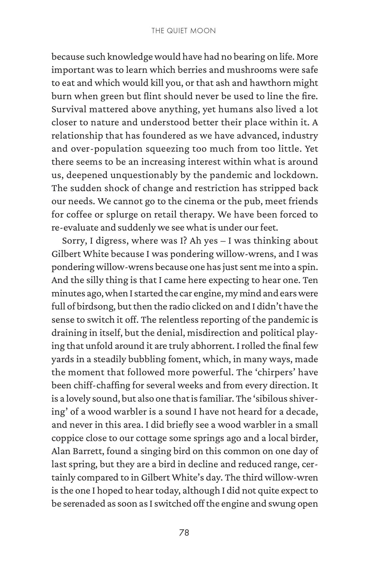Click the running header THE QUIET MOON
point(183,31)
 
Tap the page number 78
point(184,532)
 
